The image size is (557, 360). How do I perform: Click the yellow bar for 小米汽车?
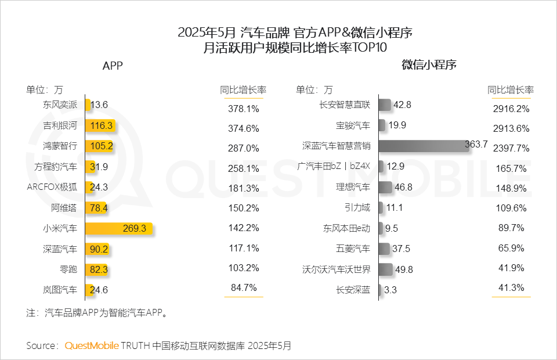point(119,229)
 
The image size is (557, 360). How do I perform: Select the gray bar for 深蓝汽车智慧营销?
point(424,146)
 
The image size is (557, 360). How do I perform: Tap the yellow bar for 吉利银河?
point(100,125)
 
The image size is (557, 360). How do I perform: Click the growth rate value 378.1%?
point(243,109)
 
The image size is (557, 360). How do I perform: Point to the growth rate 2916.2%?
point(511,109)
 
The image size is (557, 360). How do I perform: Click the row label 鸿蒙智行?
point(60,146)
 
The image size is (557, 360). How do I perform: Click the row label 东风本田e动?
point(346,228)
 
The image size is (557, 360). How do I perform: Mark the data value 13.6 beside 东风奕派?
point(99,105)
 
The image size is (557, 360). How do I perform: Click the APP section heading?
point(113,66)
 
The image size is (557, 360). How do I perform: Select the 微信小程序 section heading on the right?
point(429,65)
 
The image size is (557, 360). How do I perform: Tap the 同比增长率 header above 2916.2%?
point(511,90)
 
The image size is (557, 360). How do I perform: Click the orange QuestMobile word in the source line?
point(92,345)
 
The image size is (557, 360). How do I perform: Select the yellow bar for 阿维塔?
point(97,208)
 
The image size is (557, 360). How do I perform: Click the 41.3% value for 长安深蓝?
point(511,287)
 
